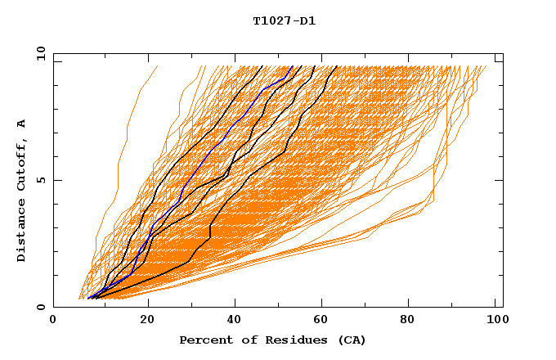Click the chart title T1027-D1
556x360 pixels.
(x=284, y=20)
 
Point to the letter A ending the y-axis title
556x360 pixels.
(x=21, y=124)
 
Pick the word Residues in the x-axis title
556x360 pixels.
(x=288, y=340)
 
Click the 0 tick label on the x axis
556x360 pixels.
(x=54, y=321)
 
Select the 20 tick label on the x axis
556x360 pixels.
(x=148, y=321)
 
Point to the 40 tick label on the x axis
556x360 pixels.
(x=236, y=321)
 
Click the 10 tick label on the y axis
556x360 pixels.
(x=38, y=53)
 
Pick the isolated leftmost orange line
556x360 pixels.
(x=123, y=147)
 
